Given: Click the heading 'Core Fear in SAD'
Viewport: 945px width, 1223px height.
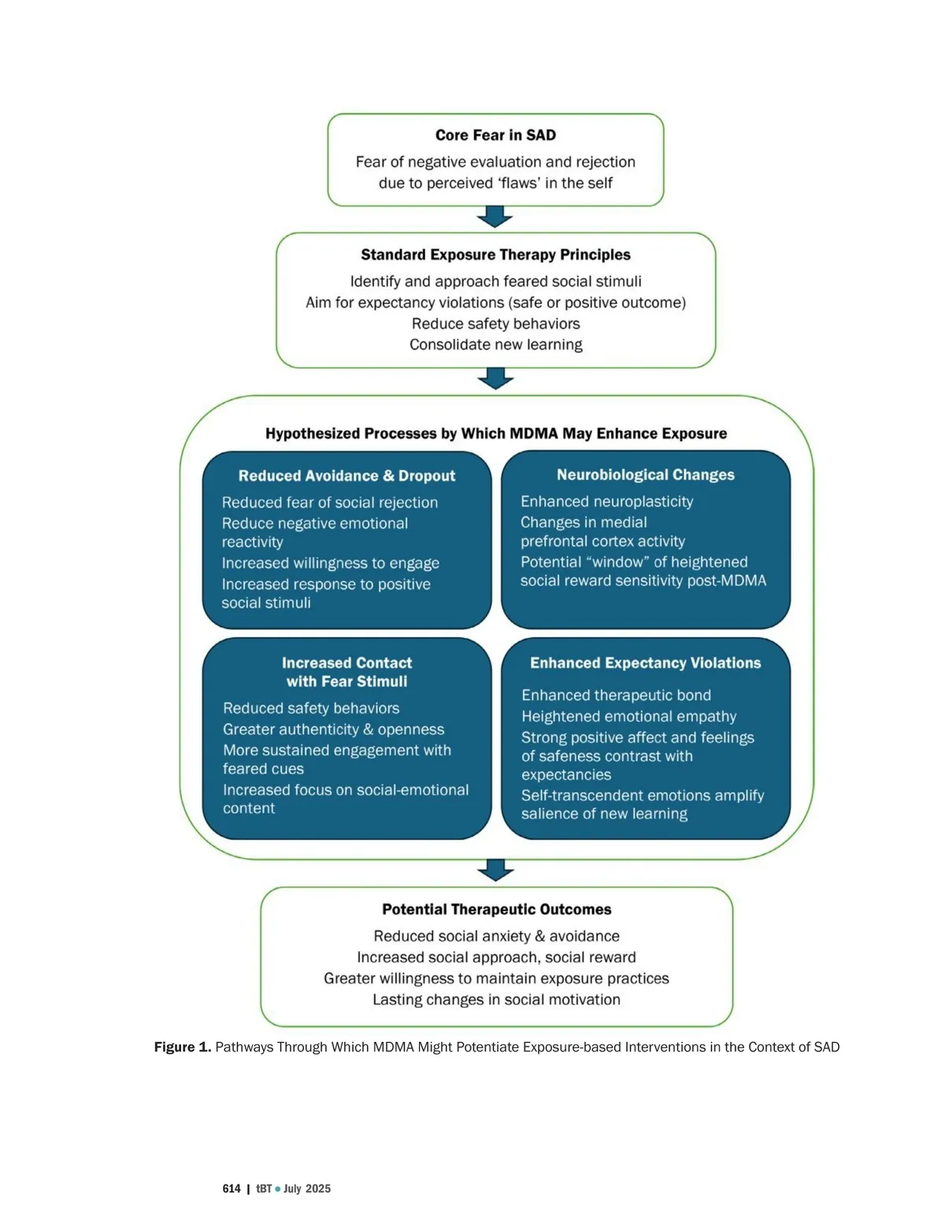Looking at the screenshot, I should pyautogui.click(x=495, y=135).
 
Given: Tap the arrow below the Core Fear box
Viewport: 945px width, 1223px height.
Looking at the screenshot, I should pyautogui.click(x=495, y=217).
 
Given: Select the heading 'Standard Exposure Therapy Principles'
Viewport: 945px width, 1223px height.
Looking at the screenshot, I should pyautogui.click(x=495, y=254).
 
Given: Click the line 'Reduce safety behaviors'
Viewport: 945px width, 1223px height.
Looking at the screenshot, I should pyautogui.click(x=495, y=324).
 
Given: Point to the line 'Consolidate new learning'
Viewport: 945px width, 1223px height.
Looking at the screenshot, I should pyautogui.click(x=495, y=345).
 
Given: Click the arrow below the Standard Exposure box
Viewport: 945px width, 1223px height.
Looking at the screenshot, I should pyautogui.click(x=495, y=379).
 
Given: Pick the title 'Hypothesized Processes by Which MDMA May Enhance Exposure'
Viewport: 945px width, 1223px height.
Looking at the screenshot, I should pyautogui.click(x=495, y=433).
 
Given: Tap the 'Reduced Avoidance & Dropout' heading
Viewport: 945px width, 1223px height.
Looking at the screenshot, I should pyautogui.click(x=346, y=476).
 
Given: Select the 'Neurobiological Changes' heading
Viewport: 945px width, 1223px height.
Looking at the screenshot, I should pyautogui.click(x=645, y=475).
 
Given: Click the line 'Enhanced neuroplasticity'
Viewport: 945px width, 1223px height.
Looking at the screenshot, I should pyautogui.click(x=606, y=502).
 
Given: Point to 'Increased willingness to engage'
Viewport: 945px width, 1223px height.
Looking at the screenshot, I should pyautogui.click(x=330, y=563).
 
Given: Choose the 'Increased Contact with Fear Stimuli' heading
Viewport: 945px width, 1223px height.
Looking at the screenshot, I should pyautogui.click(x=346, y=672).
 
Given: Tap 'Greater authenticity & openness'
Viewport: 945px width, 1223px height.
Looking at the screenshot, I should pyautogui.click(x=333, y=729).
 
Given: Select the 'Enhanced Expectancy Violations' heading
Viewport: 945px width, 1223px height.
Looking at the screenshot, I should pyautogui.click(x=645, y=663).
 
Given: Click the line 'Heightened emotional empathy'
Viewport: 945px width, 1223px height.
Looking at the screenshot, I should pyautogui.click(x=628, y=717).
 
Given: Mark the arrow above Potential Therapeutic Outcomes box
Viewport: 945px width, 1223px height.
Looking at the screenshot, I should pyautogui.click(x=495, y=870).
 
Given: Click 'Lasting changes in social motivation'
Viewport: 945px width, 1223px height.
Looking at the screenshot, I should pyautogui.click(x=496, y=999).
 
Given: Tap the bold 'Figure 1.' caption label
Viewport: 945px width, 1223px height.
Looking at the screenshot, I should pyautogui.click(x=182, y=1047).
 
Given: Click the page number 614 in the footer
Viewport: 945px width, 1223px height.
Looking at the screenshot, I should pyautogui.click(x=232, y=1189).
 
